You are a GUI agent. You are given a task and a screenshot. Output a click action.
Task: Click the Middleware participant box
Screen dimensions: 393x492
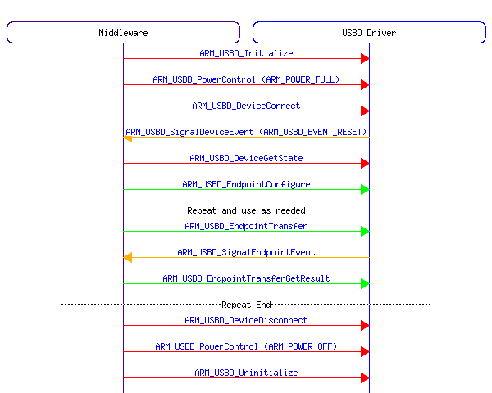[123, 32]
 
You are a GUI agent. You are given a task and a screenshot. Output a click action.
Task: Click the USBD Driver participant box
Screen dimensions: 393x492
[369, 32]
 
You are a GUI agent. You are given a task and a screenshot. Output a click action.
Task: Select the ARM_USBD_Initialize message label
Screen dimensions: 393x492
[246, 53]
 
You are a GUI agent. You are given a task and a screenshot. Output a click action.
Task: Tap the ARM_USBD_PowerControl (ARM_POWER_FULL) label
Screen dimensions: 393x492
[246, 79]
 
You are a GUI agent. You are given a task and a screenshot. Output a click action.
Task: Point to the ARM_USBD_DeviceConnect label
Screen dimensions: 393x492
[246, 106]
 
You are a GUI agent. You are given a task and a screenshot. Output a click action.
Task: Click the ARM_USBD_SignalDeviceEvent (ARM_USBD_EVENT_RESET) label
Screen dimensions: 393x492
[246, 132]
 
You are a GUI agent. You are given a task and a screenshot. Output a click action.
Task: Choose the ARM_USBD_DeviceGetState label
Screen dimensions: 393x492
[246, 158]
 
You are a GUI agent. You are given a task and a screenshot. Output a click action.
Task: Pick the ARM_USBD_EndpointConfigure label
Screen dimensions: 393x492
[246, 184]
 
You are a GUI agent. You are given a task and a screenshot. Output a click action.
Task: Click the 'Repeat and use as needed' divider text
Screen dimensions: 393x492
[246, 210]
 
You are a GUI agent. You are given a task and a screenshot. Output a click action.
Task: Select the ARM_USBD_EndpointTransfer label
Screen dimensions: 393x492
[246, 226]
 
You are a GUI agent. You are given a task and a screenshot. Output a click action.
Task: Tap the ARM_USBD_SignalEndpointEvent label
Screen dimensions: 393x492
[246, 252]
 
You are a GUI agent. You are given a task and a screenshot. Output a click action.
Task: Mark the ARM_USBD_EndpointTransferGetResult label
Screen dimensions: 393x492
[246, 278]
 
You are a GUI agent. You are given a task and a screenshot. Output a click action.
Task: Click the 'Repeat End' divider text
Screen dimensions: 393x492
[246, 305]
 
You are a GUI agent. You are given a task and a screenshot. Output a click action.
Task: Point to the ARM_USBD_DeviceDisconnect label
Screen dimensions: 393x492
[246, 320]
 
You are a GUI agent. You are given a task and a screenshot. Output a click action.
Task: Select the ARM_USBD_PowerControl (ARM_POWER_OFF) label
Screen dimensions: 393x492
[246, 346]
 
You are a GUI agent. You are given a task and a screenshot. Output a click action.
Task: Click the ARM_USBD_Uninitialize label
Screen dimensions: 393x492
[246, 373]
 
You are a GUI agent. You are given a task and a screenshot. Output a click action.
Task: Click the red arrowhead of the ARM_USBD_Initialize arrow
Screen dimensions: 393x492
[364, 58]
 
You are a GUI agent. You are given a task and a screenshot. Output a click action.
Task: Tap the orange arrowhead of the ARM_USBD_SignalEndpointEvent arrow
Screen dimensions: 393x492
[128, 257]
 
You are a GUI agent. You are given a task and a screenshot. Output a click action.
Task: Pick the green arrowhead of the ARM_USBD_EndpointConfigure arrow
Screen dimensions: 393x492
[364, 189]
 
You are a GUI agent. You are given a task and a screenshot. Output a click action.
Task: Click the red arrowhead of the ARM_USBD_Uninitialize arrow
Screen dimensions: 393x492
[364, 377]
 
